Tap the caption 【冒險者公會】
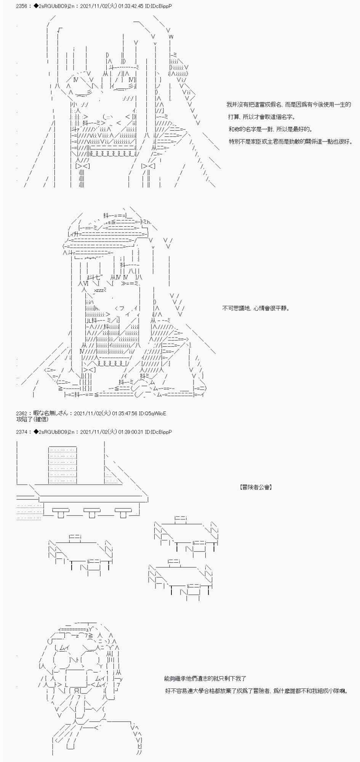pos(256,487)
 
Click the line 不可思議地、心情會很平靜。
pos(256,308)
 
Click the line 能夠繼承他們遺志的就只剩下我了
pos(206,678)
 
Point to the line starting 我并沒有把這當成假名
pos(288,104)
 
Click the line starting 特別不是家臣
pos(291,142)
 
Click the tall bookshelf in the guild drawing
pos(62,464)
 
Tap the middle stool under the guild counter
pos(92,513)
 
